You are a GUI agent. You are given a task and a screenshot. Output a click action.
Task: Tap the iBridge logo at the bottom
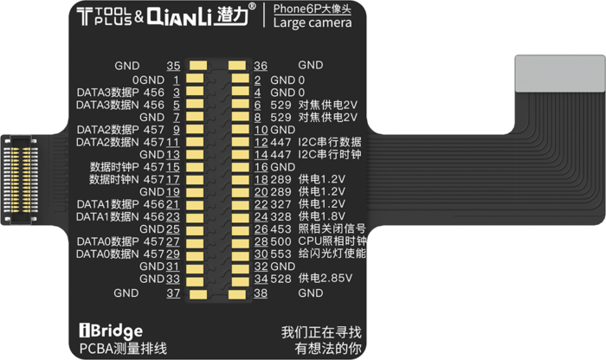111,331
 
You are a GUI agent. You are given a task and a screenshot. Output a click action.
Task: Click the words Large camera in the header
313,22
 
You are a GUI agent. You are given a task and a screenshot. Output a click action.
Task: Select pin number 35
173,66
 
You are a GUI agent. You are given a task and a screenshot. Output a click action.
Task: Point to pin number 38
261,293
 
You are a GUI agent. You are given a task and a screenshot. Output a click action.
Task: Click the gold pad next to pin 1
195,79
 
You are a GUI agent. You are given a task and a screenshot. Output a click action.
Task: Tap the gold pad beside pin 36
237,65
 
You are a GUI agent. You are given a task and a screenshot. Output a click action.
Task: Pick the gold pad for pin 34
241,280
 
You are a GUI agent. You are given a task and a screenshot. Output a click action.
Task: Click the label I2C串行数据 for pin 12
330,142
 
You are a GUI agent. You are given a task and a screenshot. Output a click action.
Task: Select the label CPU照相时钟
332,241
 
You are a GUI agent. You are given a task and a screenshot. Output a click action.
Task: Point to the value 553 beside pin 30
280,254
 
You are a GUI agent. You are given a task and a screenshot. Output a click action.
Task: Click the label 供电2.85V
325,278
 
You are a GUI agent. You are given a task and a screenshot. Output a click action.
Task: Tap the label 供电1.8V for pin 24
322,216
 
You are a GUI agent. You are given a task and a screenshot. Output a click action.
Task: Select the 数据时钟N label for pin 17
114,180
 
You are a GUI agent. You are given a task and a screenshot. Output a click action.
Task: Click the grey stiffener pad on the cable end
560,74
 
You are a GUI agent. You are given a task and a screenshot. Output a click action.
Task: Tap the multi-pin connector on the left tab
20,180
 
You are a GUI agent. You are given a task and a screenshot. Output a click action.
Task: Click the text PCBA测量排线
123,349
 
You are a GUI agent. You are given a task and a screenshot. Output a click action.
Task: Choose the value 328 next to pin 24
280,216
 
